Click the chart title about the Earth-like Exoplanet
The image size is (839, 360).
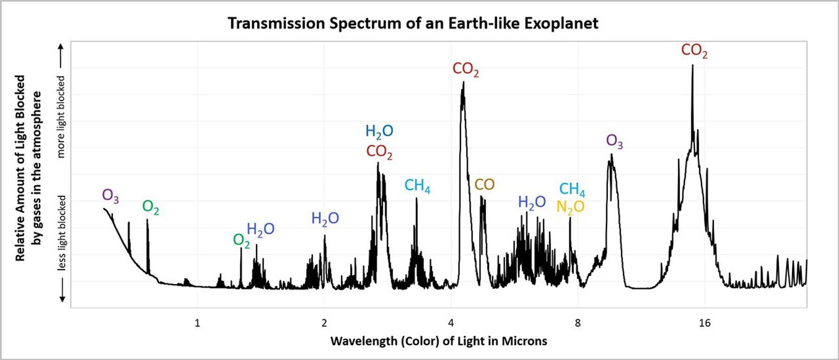tap(413, 23)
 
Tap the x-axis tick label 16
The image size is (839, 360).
tap(704, 323)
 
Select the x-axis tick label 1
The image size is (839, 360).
tap(197, 323)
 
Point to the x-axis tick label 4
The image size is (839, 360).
tap(451, 323)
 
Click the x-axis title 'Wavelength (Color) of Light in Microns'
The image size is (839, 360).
tap(438, 341)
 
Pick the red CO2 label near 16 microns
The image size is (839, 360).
tap(694, 50)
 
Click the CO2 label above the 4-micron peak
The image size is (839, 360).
tap(466, 69)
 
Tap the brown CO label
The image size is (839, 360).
tap(484, 185)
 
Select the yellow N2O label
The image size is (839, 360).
tap(570, 207)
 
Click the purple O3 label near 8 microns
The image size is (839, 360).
tap(614, 141)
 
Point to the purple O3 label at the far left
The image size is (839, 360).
tap(110, 195)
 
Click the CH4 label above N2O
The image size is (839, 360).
tap(572, 189)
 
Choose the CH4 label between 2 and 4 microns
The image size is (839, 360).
tap(417, 186)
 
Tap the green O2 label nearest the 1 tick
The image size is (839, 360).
tap(241, 241)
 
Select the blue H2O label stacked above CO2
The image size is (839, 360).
tap(379, 132)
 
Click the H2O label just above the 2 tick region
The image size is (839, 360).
tap(325, 218)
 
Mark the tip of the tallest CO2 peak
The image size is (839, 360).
tap(692, 65)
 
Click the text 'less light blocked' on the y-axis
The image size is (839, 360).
tap(62, 233)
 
